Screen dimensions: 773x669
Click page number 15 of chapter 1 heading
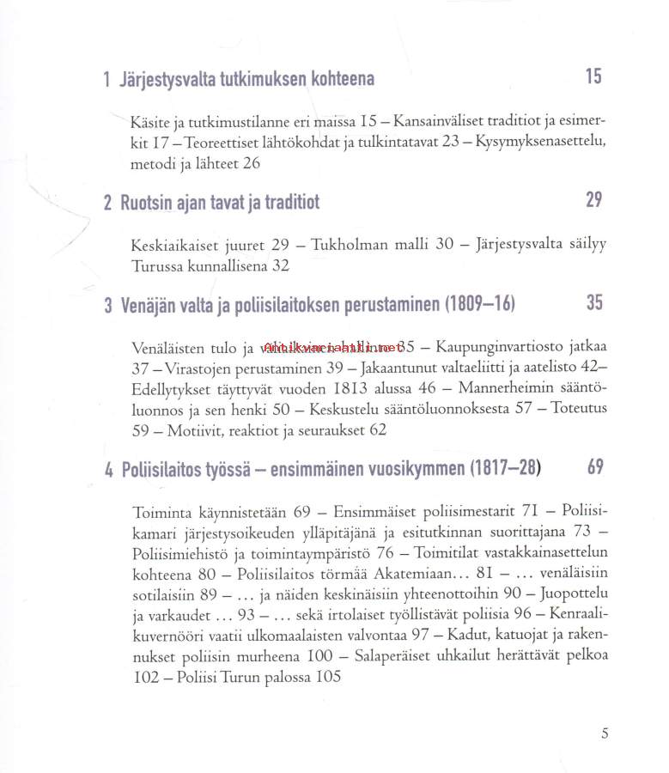[x=593, y=76]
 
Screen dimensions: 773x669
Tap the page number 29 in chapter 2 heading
[x=593, y=200]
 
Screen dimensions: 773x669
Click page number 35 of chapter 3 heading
[x=594, y=302]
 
